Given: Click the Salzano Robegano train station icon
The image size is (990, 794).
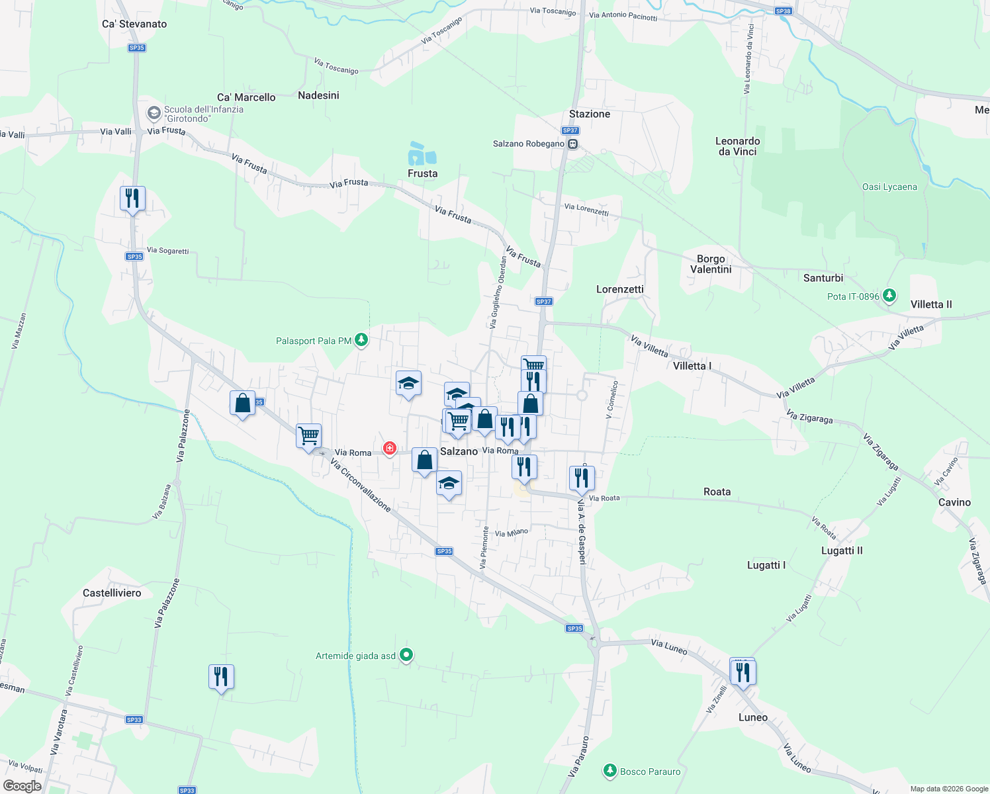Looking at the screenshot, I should pos(573,144).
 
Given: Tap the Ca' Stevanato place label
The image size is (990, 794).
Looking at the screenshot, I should pos(134,24).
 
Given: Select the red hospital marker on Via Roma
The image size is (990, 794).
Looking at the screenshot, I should pos(390,449).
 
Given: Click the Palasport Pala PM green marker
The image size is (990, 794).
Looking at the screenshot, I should pos(361,340).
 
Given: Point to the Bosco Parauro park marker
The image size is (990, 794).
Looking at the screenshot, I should pos(609,771).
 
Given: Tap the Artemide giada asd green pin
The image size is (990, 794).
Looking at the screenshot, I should pos(407,655).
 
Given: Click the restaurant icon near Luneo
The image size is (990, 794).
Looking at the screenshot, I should pos(743,672).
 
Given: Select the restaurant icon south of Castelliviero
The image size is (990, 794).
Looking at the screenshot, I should pos(221,676).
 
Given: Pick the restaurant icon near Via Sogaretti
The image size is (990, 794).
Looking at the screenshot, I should pos(132,198).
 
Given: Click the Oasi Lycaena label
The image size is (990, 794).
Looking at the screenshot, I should pos(889,187).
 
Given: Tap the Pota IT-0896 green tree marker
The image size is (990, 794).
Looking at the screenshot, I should pos(889,296).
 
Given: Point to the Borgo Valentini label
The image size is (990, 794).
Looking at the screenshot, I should pos(711,264).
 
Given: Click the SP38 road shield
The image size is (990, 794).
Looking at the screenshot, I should pos(783,11).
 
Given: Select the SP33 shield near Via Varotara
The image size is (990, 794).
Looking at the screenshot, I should pos(134,720).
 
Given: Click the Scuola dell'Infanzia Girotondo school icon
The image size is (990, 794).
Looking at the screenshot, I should pos(154,114).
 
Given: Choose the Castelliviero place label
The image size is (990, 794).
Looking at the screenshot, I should pos(112,593).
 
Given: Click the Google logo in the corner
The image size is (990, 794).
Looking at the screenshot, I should pos(22,786).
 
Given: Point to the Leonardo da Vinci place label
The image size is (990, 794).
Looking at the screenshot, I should pos(737,146).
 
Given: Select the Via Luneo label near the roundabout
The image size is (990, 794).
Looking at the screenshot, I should pos(668,646).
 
